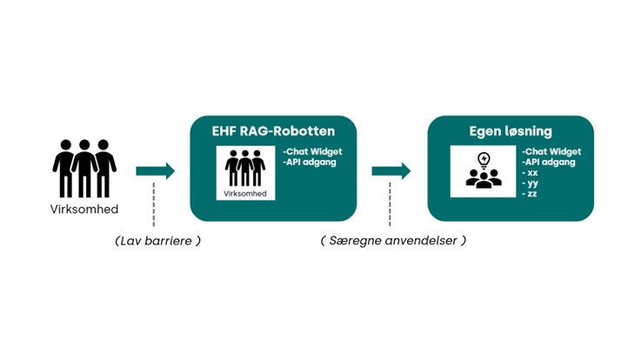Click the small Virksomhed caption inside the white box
[x=244, y=193]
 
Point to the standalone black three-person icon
[x=84, y=169]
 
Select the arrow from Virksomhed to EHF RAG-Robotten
[x=156, y=170]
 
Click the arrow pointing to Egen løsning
[x=391, y=170]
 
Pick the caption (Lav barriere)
[x=157, y=241]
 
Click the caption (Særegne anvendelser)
[x=392, y=241]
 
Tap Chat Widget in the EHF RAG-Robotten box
[x=313, y=151]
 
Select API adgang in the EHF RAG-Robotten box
[x=309, y=162]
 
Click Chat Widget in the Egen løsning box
[x=552, y=151]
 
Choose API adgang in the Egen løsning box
[x=547, y=162]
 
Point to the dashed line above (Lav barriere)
[x=155, y=203]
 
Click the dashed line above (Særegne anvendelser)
[x=391, y=203]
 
